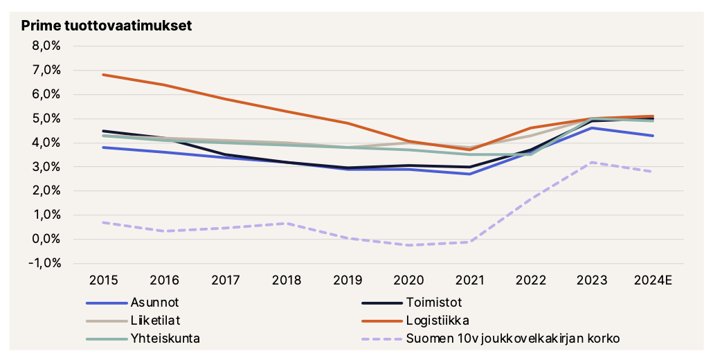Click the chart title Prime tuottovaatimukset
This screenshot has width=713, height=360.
(x=107, y=26)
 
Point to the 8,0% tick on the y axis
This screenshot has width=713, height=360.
(x=47, y=46)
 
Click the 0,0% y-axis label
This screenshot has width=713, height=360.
(x=47, y=240)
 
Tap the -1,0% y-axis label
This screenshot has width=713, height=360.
(x=45, y=264)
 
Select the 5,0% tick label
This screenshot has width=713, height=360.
(x=47, y=118)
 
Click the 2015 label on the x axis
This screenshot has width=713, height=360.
(x=102, y=280)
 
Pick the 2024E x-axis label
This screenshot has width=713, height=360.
(x=653, y=280)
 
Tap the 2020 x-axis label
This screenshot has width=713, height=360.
(x=408, y=280)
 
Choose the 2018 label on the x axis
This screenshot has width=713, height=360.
(x=286, y=280)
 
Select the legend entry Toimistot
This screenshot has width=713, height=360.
(x=434, y=303)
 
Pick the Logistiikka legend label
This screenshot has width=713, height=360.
(x=437, y=321)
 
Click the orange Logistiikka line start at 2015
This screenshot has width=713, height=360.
(x=102, y=75)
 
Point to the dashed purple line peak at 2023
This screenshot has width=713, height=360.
(x=592, y=162)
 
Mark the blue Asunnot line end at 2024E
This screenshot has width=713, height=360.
(x=653, y=136)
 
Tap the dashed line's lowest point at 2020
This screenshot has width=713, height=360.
(x=408, y=245)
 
